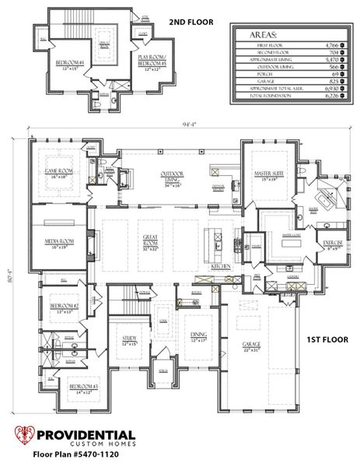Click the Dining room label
[x=198, y=336]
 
